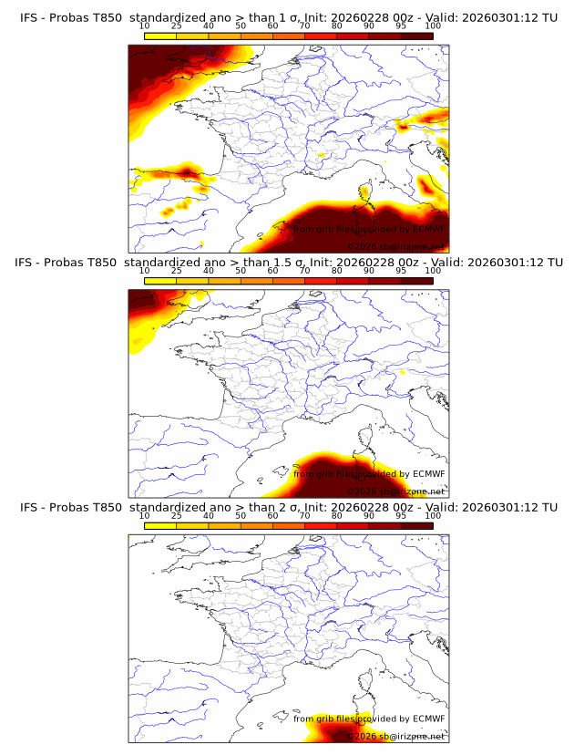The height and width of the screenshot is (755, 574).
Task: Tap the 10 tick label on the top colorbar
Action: click(x=145, y=26)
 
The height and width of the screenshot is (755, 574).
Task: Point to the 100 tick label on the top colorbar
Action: click(x=432, y=26)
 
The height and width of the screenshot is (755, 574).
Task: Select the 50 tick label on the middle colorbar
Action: click(x=241, y=271)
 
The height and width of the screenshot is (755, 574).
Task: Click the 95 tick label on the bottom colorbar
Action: click(x=401, y=515)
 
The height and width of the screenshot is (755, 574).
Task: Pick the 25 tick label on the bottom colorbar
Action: click(x=177, y=515)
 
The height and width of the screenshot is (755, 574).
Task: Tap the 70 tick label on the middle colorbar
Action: click(x=304, y=271)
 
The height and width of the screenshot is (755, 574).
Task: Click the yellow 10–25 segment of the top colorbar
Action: click(x=160, y=36)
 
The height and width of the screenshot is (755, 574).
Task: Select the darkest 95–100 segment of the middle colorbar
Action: click(x=416, y=280)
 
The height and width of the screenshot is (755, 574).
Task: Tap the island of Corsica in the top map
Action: click(x=364, y=193)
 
